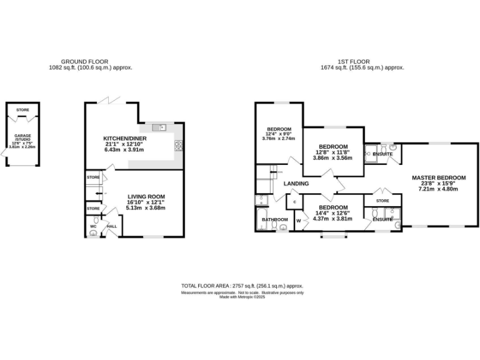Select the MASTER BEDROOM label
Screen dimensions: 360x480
439,178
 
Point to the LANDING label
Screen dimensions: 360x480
296,184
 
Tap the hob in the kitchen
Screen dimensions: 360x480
179,146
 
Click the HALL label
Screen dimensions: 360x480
112,226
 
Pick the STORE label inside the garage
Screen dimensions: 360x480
22,110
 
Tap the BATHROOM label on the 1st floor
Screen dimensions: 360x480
274,219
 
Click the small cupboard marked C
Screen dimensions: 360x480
294,202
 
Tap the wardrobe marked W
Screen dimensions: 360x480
299,220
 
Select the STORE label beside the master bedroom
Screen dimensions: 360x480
382,201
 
